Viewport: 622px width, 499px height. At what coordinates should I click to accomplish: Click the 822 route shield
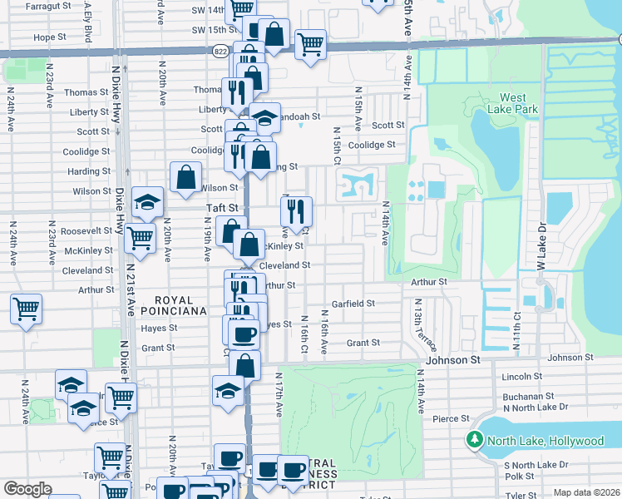click(218, 51)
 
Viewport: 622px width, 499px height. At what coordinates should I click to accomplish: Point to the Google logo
click(27, 489)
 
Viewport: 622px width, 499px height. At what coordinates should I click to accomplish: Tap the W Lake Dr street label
click(541, 248)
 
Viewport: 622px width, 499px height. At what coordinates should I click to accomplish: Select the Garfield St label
click(353, 304)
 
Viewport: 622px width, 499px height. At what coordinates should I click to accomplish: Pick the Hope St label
click(50, 37)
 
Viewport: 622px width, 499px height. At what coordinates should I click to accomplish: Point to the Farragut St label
click(45, 6)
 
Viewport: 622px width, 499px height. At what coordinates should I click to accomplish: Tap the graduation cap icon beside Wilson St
click(147, 202)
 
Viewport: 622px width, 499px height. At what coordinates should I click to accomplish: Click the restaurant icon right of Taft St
click(297, 211)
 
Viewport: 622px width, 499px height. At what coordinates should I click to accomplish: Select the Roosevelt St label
click(88, 230)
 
